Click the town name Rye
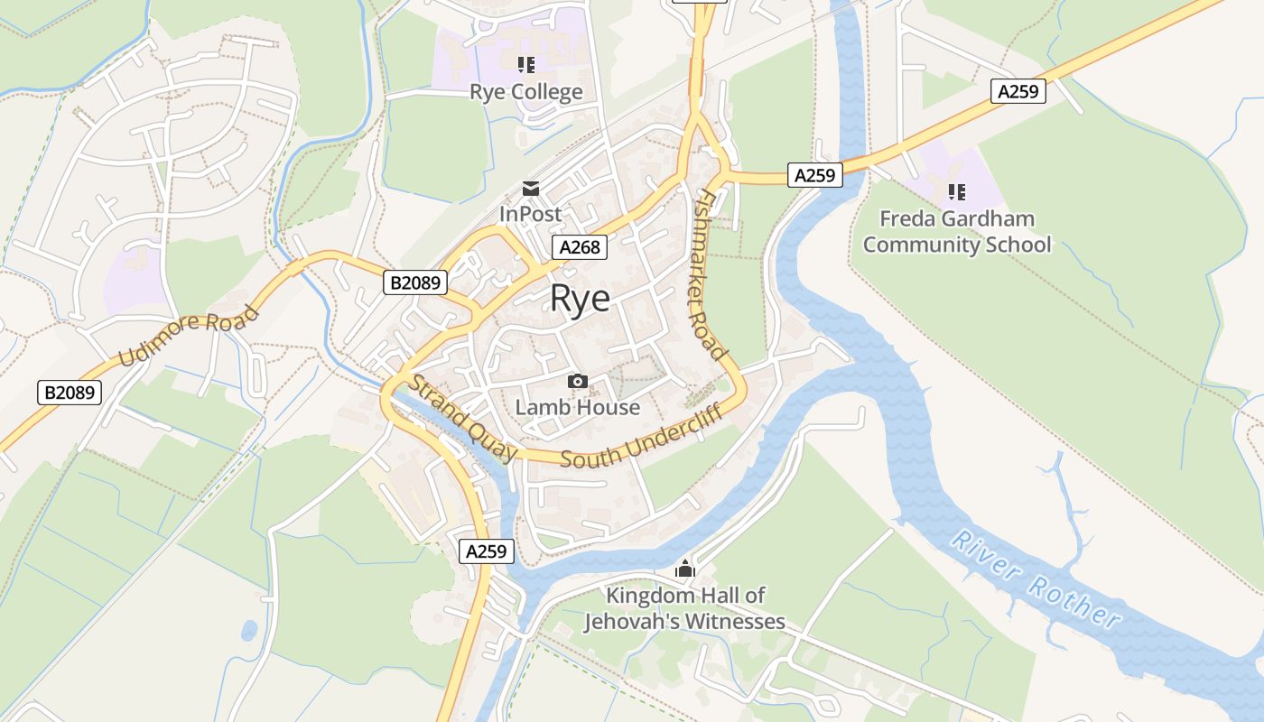pos(580,300)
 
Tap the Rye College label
pos(525,92)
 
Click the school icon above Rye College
pos(525,65)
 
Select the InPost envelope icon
pos(530,188)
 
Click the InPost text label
pos(530,215)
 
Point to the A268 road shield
pos(580,247)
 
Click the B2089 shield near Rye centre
pos(416,282)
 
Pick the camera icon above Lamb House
pos(578,382)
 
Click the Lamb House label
pos(578,408)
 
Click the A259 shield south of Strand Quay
pos(488,551)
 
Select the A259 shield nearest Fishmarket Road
pos(814,175)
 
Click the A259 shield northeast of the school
pos(1018,91)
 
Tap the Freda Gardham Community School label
pos(957,232)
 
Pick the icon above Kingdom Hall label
pos(685,569)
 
